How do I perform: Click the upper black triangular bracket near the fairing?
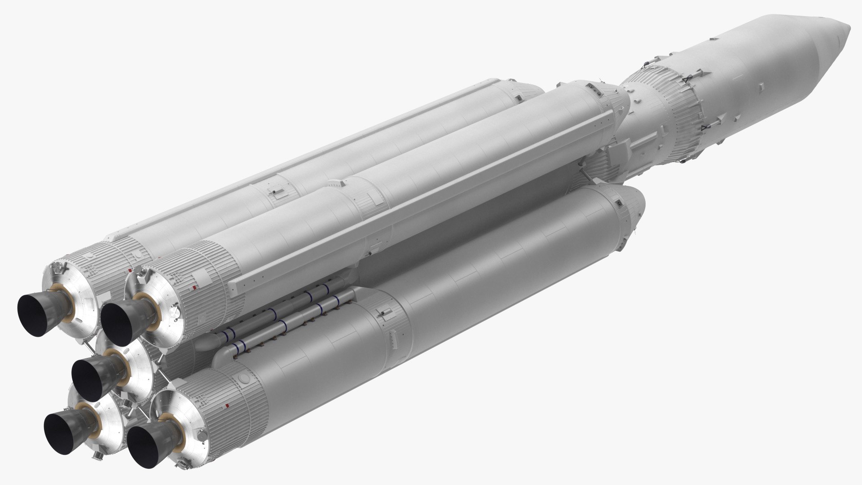[686, 80]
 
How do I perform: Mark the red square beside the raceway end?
[194, 287]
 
